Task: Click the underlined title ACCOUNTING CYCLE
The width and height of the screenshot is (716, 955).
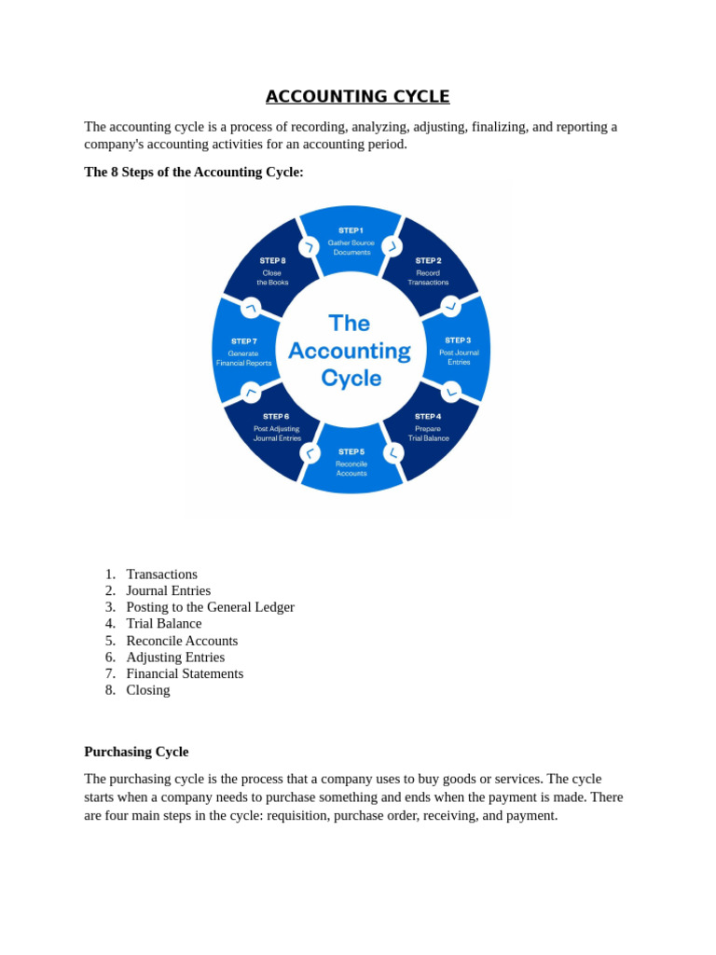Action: tap(357, 97)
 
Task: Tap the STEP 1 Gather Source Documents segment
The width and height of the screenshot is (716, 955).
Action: tap(351, 242)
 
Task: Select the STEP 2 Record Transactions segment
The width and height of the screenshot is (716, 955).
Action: tap(429, 270)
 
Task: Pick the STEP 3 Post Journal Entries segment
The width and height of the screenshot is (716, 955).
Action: tap(458, 351)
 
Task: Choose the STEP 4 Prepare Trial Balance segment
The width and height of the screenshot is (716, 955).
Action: tap(429, 428)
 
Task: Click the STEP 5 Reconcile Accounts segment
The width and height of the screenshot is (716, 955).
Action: tap(351, 463)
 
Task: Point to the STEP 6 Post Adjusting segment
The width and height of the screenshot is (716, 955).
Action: tap(276, 428)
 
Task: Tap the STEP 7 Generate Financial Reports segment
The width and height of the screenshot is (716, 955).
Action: tap(244, 352)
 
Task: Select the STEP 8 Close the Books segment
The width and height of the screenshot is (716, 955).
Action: tap(273, 270)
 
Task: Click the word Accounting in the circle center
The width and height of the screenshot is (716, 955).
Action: tap(350, 351)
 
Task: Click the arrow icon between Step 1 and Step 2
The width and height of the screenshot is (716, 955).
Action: tap(392, 247)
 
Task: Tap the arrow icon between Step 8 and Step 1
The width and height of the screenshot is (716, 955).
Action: tap(310, 247)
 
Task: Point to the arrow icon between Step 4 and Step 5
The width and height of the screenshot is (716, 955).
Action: tap(393, 453)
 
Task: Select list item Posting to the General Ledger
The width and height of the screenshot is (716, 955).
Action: tap(210, 607)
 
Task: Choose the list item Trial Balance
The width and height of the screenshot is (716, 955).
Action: tap(164, 623)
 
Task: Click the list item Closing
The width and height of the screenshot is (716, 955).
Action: tap(148, 690)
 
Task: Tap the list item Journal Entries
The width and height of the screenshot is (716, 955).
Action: tap(169, 590)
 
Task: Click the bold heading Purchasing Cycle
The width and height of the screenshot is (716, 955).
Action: tap(136, 752)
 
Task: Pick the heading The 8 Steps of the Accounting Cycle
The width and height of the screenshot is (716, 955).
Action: tap(194, 172)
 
